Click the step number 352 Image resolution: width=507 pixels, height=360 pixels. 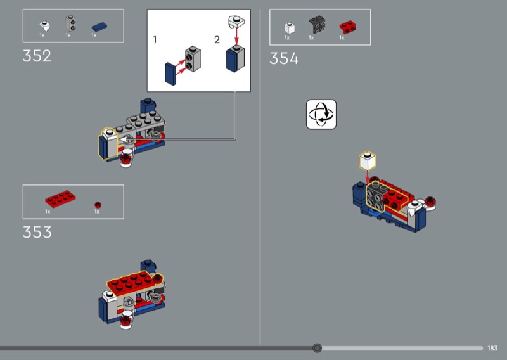point(37,56)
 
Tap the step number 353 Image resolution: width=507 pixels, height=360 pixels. point(37,232)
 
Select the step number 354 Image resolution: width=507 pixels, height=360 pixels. point(284,58)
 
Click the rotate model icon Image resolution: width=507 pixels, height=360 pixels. point(321,115)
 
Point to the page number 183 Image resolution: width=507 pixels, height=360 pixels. point(492,348)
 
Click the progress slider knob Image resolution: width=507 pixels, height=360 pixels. point(318,348)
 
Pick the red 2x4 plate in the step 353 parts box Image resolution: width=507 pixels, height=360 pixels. point(60,198)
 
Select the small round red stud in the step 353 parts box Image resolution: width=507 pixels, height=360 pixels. point(98,205)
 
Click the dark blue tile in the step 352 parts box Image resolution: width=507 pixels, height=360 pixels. point(99,27)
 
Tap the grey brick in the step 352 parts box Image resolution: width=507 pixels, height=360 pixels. point(70,23)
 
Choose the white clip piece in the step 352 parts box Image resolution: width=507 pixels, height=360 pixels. point(44,25)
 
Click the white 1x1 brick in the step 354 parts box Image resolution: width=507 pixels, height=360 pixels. point(290,28)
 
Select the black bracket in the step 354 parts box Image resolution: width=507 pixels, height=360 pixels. point(317,24)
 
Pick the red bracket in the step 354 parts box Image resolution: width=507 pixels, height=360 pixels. point(347,27)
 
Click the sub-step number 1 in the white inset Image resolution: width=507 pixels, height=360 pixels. point(155,40)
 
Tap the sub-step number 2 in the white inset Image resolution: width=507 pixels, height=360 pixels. point(217,40)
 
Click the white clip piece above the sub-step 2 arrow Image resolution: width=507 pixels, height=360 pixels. point(236,22)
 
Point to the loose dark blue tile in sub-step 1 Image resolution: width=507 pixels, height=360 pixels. point(170,74)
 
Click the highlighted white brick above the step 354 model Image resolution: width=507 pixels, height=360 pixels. point(368,161)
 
